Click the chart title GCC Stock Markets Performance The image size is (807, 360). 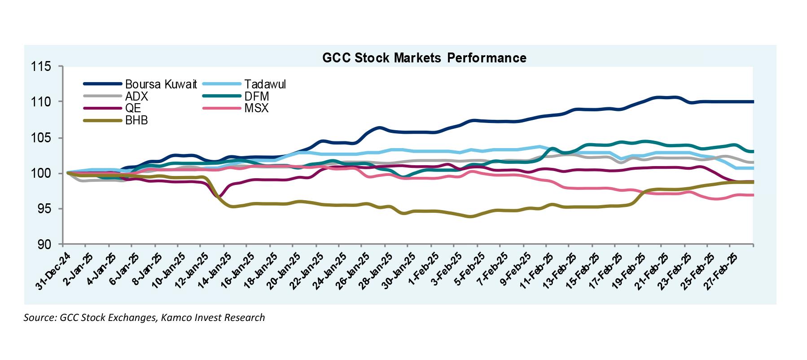coord(424,58)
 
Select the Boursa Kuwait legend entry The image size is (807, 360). coord(161,84)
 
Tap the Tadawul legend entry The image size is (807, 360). coord(265,84)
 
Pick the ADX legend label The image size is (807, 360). coord(136,96)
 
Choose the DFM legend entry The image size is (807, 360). coord(257,96)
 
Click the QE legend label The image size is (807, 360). coord(133,108)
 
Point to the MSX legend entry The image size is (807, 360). coord(257,108)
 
